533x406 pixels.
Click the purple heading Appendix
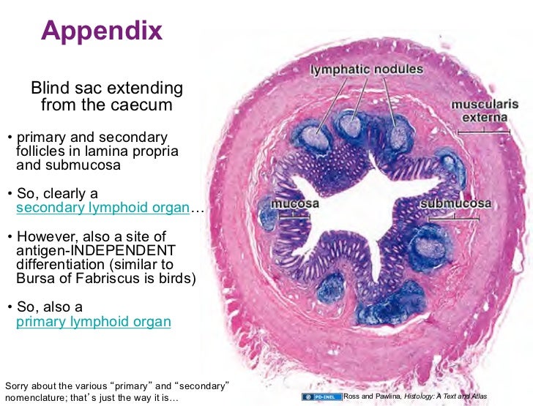coord(102,31)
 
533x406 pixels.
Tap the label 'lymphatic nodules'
coord(368,69)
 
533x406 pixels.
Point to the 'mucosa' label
coord(297,203)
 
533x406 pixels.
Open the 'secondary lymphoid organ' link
coord(102,207)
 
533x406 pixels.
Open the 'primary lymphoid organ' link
coord(93,321)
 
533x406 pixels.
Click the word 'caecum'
coord(143,105)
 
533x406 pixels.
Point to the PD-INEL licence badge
coord(321,396)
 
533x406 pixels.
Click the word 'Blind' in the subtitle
coord(49,89)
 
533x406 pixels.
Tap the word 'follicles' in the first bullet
coord(38,151)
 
